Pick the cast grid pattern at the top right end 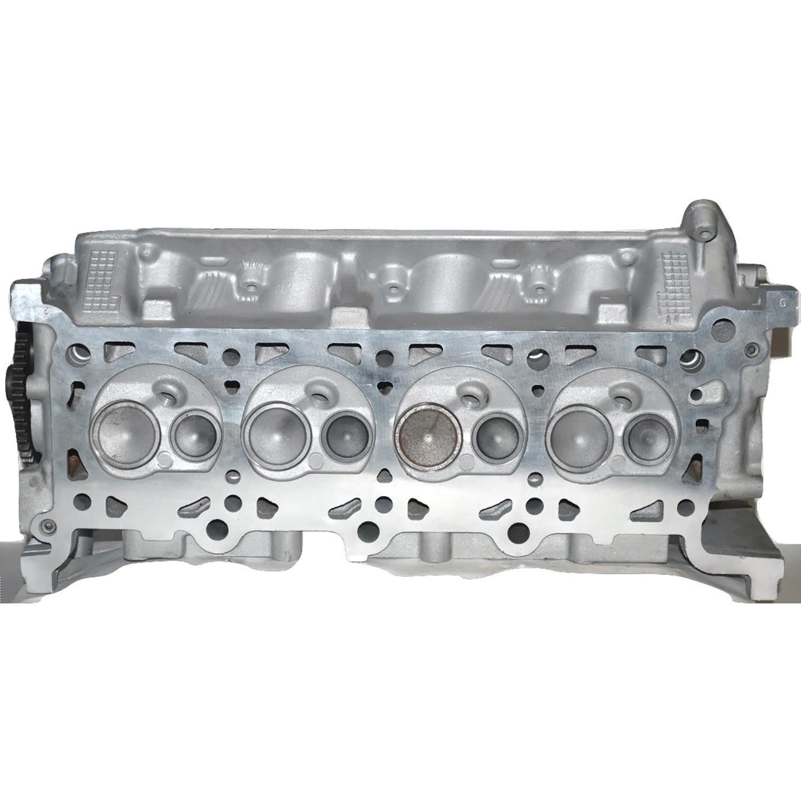[x=674, y=280]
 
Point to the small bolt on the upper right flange [x=752, y=350]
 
